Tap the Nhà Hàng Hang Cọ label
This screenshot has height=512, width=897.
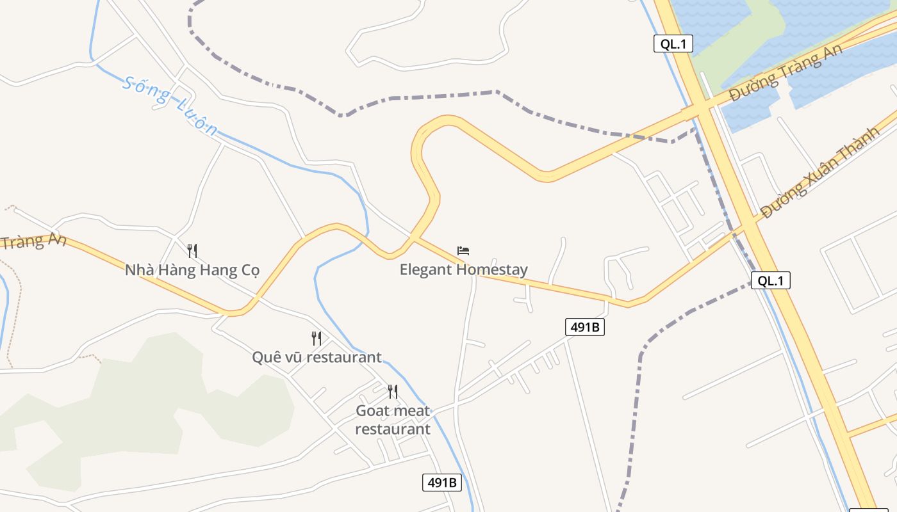point(192,270)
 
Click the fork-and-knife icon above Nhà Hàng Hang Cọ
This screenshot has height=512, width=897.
point(192,250)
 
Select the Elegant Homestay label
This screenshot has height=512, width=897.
point(463,269)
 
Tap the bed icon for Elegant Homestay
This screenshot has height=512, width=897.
point(463,251)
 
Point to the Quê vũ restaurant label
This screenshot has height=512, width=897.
point(317,357)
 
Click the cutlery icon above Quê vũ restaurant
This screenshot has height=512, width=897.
point(317,338)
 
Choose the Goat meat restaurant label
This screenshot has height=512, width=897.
point(393,419)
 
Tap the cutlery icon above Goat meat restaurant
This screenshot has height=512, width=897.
point(393,391)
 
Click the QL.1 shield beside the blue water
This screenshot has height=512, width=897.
point(673,44)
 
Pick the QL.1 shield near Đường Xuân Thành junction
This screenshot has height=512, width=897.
point(770,280)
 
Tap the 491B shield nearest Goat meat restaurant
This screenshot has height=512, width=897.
point(442,483)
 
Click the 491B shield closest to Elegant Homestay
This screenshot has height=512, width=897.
point(585,327)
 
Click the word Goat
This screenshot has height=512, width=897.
point(372,410)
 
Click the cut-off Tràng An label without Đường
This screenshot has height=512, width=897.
point(32,242)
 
